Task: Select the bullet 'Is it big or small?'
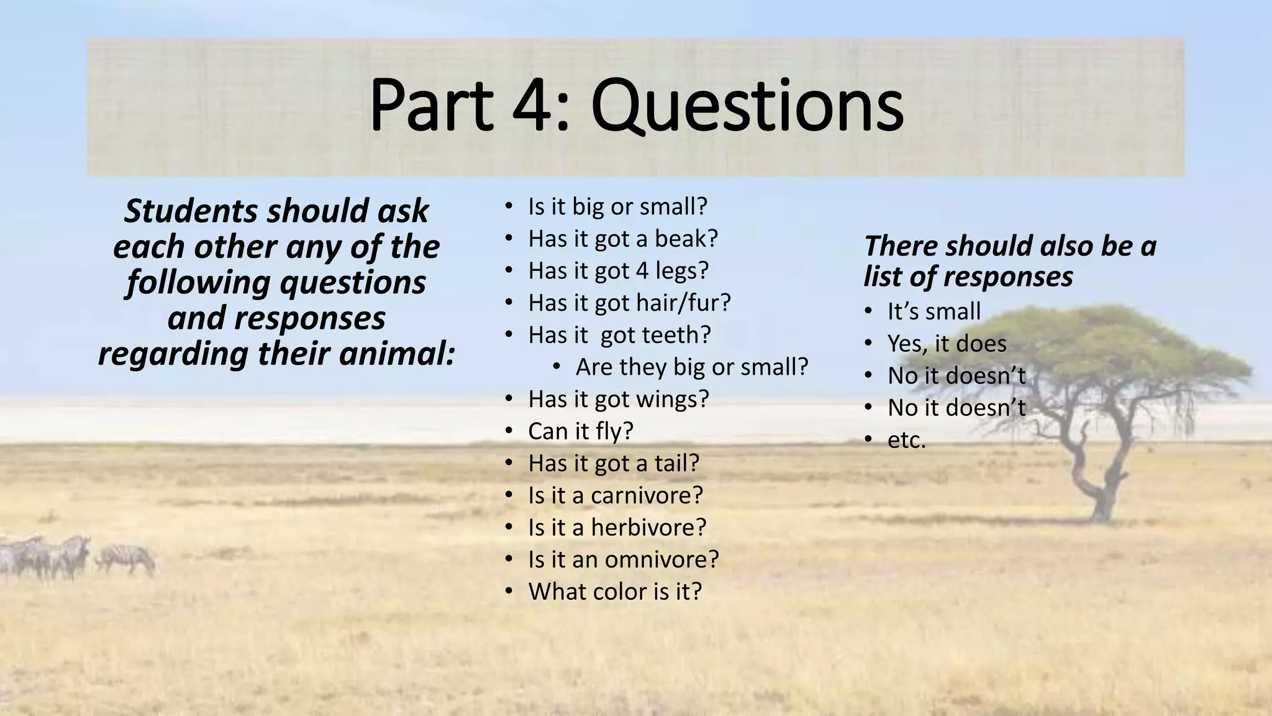click(x=617, y=206)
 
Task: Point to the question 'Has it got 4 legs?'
click(x=618, y=271)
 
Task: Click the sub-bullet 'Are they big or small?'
click(x=691, y=367)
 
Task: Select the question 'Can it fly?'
click(x=580, y=431)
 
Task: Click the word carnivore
click(x=647, y=495)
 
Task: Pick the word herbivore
click(x=648, y=528)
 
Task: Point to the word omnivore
click(x=661, y=559)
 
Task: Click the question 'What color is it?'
click(x=615, y=592)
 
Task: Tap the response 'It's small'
click(x=934, y=311)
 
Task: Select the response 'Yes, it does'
click(x=947, y=344)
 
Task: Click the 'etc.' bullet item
click(x=906, y=440)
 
